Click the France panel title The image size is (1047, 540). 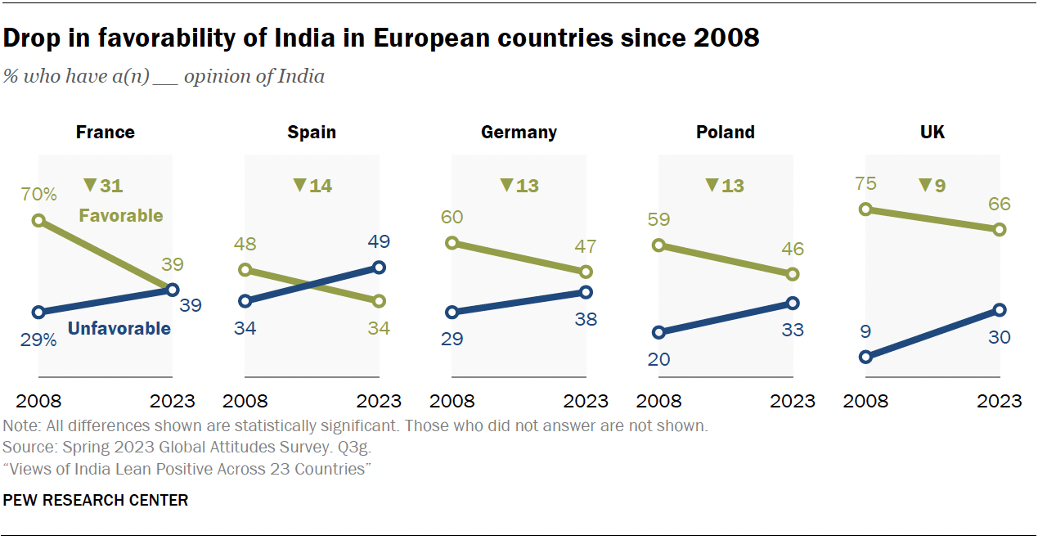pos(105,132)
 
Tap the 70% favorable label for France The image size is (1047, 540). pos(38,195)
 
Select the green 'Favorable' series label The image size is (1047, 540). pos(120,216)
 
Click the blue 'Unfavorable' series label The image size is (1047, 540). pos(119,329)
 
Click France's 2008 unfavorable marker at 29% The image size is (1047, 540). pos(38,312)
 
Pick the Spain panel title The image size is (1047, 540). pos(312,132)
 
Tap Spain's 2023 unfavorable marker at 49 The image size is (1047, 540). pos(379,267)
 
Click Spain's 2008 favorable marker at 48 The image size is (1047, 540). pos(245,270)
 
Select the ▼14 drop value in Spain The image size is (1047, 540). pos(312,186)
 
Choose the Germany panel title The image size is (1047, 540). pos(519,132)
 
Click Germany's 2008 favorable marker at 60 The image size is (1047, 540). pos(452,243)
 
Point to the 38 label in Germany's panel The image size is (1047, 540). pos(585,319)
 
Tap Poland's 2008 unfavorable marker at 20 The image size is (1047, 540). pos(658,332)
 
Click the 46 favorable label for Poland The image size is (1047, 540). pos(792,249)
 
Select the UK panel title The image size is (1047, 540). pos(932,132)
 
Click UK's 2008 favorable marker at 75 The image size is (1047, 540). pos(865,209)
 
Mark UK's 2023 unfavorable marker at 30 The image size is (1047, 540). pos(999,310)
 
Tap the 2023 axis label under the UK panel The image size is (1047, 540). pos(999,401)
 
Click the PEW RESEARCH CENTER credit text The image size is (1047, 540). pos(96,500)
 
